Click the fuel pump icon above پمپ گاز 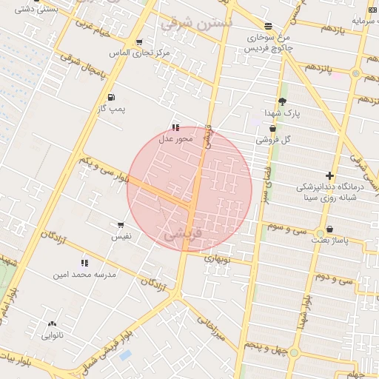tap(111, 97)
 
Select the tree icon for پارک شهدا tap(282, 102)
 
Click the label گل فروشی tap(273, 139)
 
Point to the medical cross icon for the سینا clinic tap(329, 175)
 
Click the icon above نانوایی tap(52, 323)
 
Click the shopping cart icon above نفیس tap(121, 225)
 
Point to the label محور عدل tap(175, 138)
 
